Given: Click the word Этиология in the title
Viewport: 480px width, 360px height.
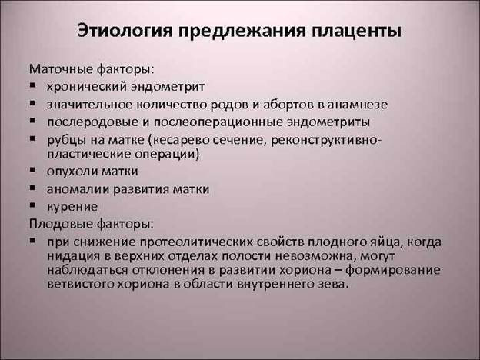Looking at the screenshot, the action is click(125, 32).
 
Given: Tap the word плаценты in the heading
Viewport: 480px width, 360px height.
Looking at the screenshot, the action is click(357, 32).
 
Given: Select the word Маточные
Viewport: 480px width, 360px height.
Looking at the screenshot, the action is click(61, 69).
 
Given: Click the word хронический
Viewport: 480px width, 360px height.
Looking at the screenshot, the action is click(87, 87).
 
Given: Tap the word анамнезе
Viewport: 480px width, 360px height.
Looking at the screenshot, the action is click(358, 105).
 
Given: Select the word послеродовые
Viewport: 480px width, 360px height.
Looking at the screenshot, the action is click(92, 122).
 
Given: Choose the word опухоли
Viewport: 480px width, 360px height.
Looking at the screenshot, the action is click(72, 172).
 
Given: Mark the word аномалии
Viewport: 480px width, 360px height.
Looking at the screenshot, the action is click(78, 189).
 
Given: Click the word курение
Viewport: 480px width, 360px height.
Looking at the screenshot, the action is click(72, 207).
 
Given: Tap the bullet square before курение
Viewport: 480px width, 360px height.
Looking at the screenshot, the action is click(32, 205).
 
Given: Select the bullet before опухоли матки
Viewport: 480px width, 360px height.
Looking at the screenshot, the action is click(32, 169).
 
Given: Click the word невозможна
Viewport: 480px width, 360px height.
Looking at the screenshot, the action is click(315, 256).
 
